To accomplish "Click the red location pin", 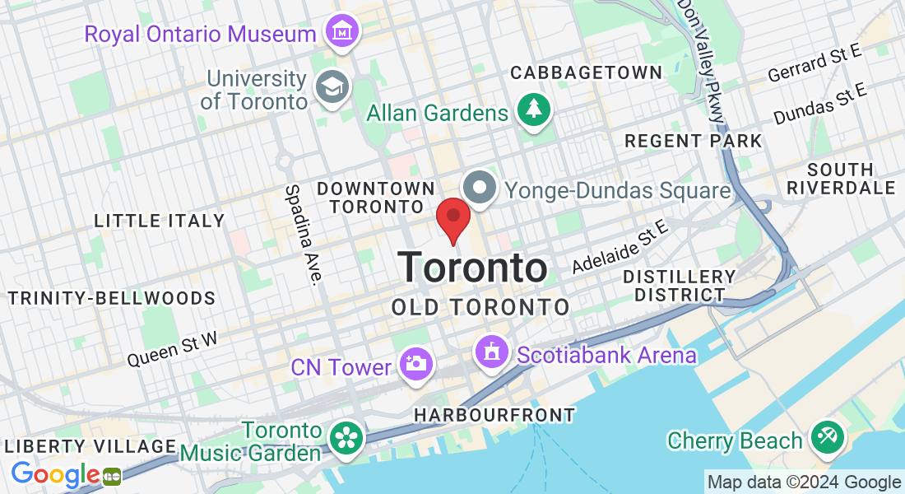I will point(452,218).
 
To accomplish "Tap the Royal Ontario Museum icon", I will point(341,32).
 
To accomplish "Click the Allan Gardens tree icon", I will point(534,108).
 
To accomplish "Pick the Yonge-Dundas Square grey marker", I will point(480,189).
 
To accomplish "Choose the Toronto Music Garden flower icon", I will point(346,437).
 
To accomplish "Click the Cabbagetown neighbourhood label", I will point(586,72).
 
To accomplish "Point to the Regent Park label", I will point(693,141).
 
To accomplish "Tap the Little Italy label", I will point(159,221).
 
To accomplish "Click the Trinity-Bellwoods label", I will point(112,298).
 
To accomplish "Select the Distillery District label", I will point(679,285).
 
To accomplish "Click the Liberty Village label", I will point(90,446).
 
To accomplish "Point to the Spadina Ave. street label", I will point(302,234).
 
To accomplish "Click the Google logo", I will point(55,474).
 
